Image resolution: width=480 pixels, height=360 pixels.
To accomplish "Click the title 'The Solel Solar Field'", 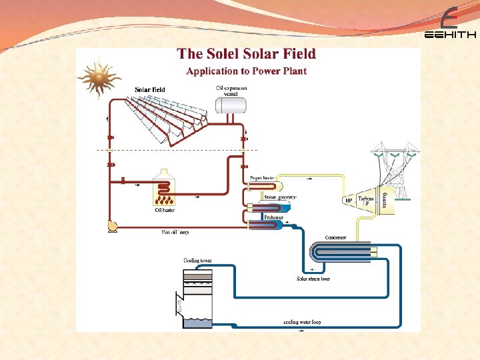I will (246, 54).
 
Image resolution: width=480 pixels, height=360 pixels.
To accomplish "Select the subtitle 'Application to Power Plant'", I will (246, 71).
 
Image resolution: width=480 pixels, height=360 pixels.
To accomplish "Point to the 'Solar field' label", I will (150, 89).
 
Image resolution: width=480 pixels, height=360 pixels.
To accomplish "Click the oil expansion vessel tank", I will (231, 105).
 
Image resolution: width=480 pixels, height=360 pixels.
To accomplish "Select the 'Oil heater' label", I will (165, 211).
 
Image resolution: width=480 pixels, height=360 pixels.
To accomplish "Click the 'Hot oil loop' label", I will (175, 233).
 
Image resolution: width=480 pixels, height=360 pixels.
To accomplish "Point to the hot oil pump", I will (112, 227).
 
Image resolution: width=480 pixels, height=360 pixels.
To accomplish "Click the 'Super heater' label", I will (263, 179).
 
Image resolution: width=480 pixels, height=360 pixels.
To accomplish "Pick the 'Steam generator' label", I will (280, 197).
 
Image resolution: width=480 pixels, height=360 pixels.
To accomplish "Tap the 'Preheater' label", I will (274, 217).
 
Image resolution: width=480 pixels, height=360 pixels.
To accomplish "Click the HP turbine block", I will (349, 200).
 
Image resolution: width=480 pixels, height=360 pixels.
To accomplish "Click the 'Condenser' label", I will (335, 237).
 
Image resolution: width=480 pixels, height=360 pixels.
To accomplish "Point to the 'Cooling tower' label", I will (197, 260).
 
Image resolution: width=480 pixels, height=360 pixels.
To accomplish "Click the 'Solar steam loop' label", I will (313, 279).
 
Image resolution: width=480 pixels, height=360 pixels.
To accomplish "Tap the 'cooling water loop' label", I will (302, 322).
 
